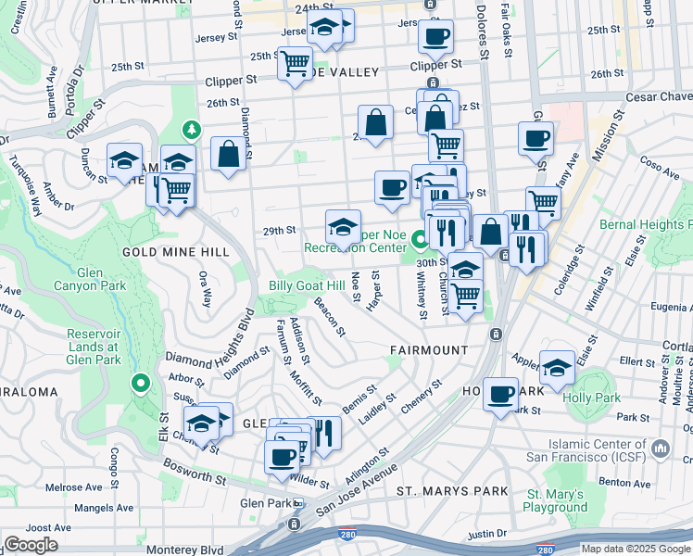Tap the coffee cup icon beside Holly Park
pyautogui.click(x=501, y=394)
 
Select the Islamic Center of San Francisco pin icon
pyautogui.click(x=661, y=449)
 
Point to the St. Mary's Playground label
pyautogui.click(x=557, y=500)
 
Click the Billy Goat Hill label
pyautogui.click(x=306, y=285)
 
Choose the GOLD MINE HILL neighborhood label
pyautogui.click(x=163, y=251)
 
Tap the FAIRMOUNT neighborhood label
pyautogui.click(x=428, y=350)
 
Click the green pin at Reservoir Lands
pyautogui.click(x=140, y=382)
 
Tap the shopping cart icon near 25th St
pyautogui.click(x=296, y=64)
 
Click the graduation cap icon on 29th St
pyautogui.click(x=343, y=226)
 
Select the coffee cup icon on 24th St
pyautogui.click(x=435, y=38)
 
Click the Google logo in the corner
pyautogui.click(x=31, y=545)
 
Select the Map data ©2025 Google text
pyautogui.click(x=636, y=549)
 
